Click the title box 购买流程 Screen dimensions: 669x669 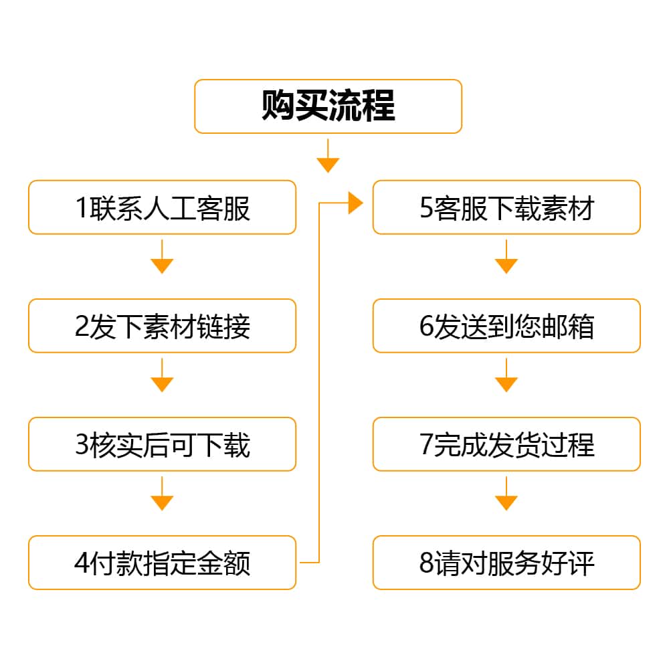pyautogui.click(x=328, y=106)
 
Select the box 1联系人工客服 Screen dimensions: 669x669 pyautogui.click(x=162, y=207)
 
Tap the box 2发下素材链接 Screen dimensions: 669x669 pyautogui.click(x=162, y=326)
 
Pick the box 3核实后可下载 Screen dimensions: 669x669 pyautogui.click(x=162, y=444)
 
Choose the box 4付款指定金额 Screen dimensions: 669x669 pyautogui.click(x=162, y=563)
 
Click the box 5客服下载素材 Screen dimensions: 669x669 pyautogui.click(x=506, y=207)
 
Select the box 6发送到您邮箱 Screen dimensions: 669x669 pyautogui.click(x=506, y=326)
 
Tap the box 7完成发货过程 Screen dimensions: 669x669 pyautogui.click(x=506, y=444)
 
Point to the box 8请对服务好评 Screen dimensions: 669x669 pyautogui.click(x=506, y=563)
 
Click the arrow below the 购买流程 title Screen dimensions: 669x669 pyautogui.click(x=328, y=156)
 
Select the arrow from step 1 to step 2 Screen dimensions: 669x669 pyautogui.click(x=162, y=256)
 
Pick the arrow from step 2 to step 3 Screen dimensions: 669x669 pyautogui.click(x=162, y=375)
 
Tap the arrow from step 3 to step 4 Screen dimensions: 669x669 pyautogui.click(x=162, y=494)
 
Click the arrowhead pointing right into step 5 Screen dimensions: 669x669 pyautogui.click(x=355, y=203)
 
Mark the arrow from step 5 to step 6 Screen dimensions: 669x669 pyautogui.click(x=506, y=256)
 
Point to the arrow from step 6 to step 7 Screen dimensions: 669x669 pyautogui.click(x=506, y=375)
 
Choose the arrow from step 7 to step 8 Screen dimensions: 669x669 pyautogui.click(x=506, y=494)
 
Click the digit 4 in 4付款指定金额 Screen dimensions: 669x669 pyautogui.click(x=82, y=563)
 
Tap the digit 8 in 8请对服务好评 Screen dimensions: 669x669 pyautogui.click(x=426, y=563)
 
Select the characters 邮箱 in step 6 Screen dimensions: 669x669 pyautogui.click(x=568, y=326)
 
